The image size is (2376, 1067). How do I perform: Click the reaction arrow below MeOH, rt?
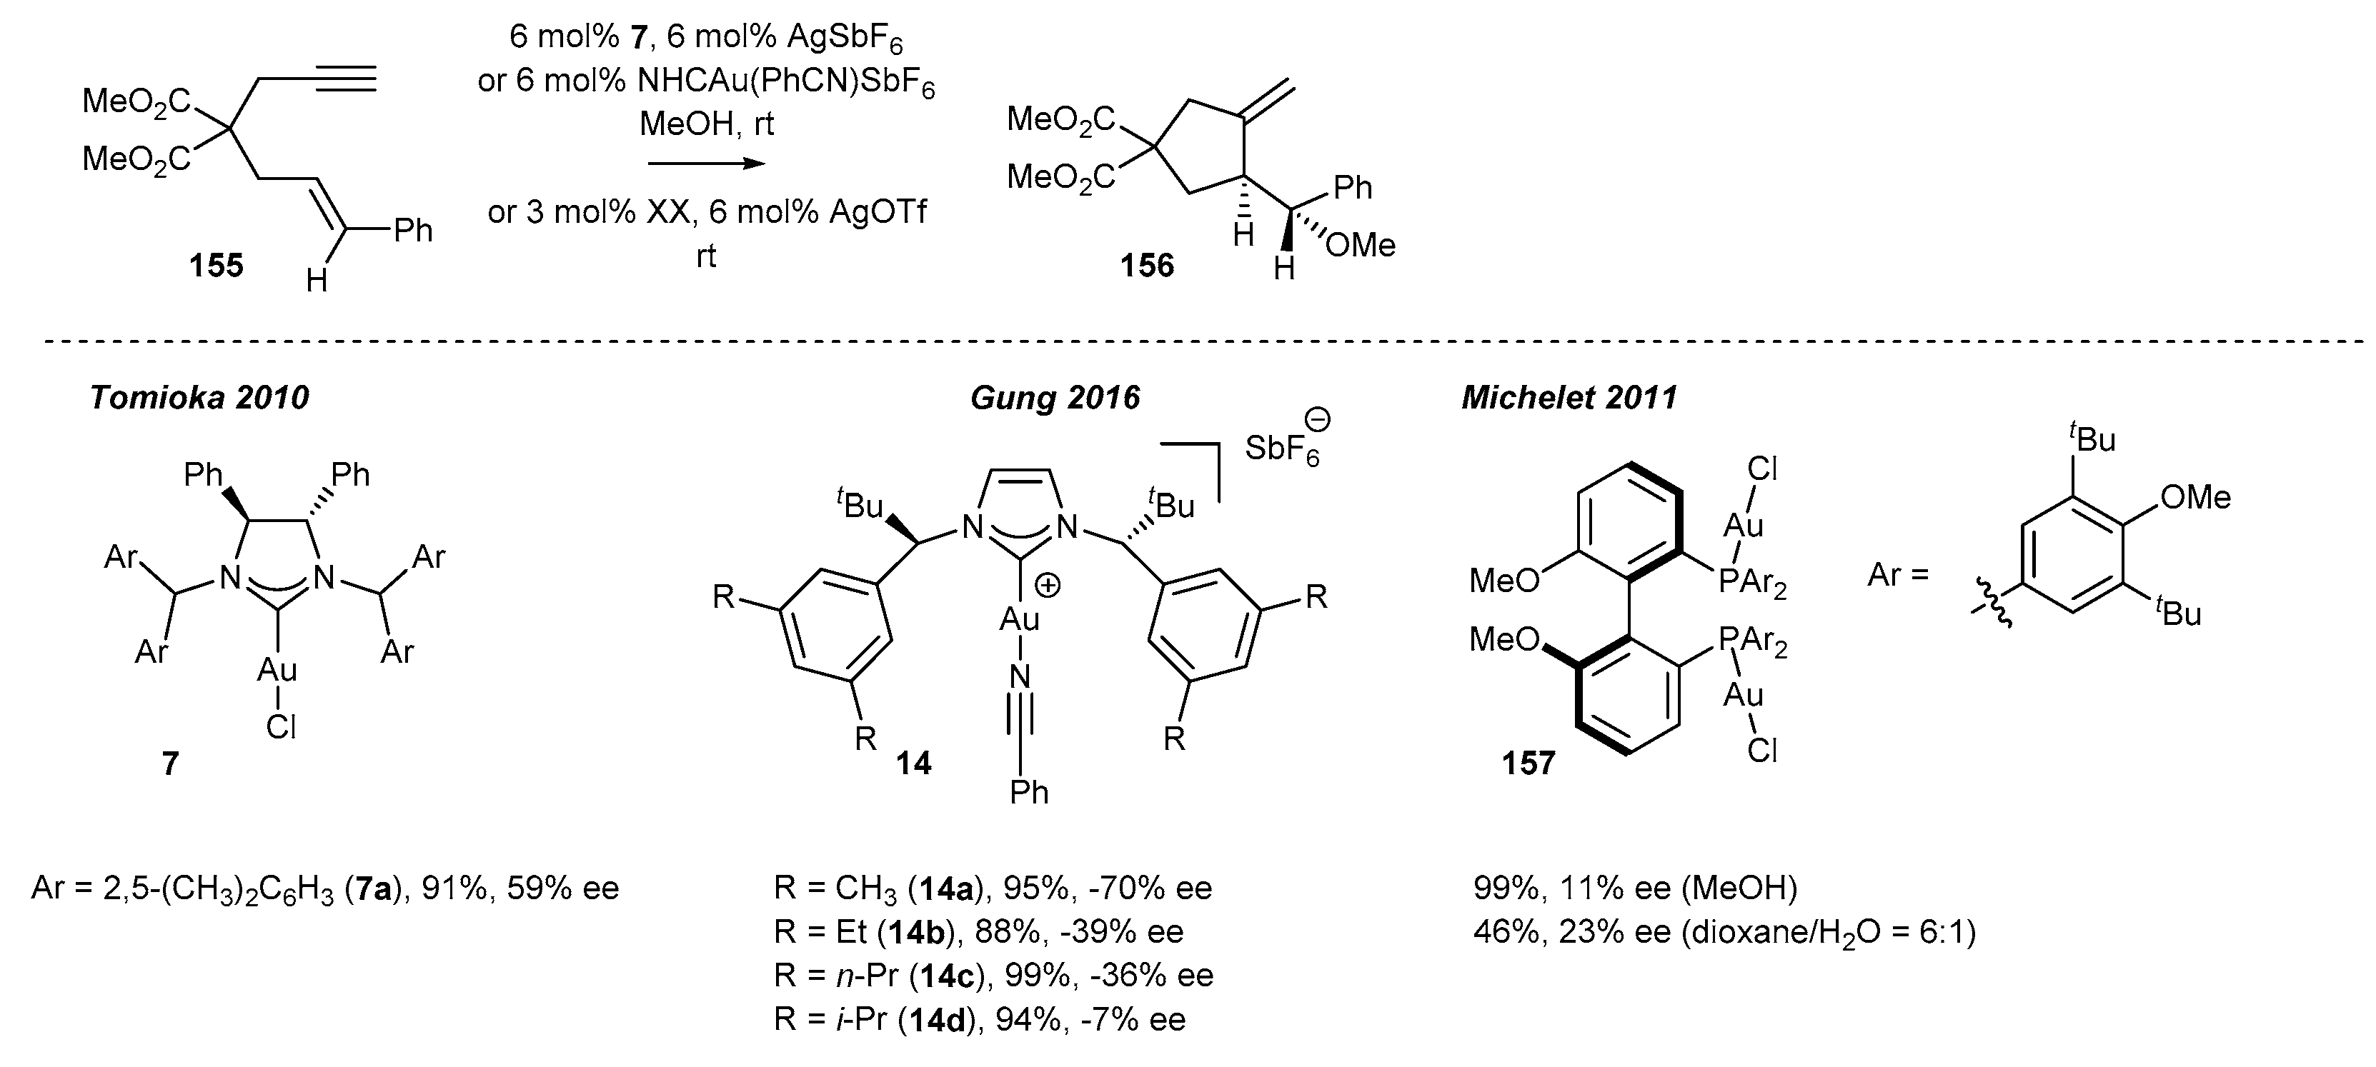click(x=707, y=164)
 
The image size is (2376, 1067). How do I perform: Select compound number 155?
click(x=216, y=266)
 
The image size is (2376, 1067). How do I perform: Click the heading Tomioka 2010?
click(x=199, y=398)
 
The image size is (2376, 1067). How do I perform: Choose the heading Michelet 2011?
click(x=1569, y=398)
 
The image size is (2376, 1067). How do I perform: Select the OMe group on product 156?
click(x=1361, y=244)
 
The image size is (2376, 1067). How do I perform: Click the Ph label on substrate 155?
click(x=412, y=230)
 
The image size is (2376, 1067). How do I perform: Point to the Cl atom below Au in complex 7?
click(x=280, y=728)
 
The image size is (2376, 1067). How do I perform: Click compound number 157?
click(x=1529, y=763)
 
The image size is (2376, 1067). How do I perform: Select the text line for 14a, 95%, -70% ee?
click(x=993, y=888)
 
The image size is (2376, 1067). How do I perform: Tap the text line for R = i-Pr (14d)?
click(x=980, y=1019)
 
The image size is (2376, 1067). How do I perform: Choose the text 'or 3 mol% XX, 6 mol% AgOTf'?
click(x=707, y=212)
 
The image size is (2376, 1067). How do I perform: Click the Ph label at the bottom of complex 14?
click(x=1028, y=791)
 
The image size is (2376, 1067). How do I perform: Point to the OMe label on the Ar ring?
click(x=2195, y=498)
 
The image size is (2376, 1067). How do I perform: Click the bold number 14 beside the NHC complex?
click(x=913, y=763)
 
